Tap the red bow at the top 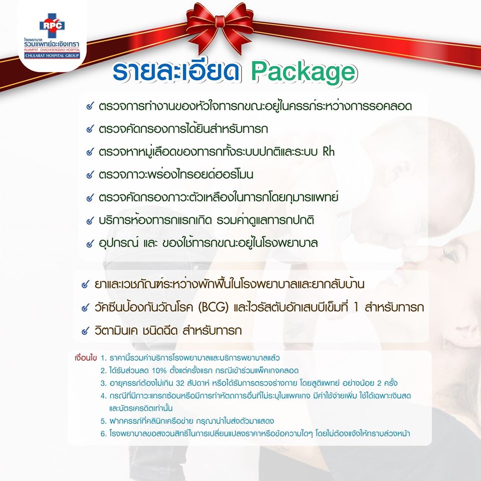coord(220,28)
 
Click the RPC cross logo coord(52,25)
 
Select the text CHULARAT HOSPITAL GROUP coord(52,56)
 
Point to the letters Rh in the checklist coord(329,151)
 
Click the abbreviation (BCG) coord(213,307)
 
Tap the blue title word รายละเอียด coord(176,72)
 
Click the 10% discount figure coord(159,371)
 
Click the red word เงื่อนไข coord(86,358)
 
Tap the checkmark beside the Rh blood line coord(90,151)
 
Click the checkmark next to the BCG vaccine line coord(85,307)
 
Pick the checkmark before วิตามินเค coord(85,331)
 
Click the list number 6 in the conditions coord(103,434)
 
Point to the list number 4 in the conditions coord(103,396)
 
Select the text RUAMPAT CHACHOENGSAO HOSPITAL coord(52,50)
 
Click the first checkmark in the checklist coord(90,106)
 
